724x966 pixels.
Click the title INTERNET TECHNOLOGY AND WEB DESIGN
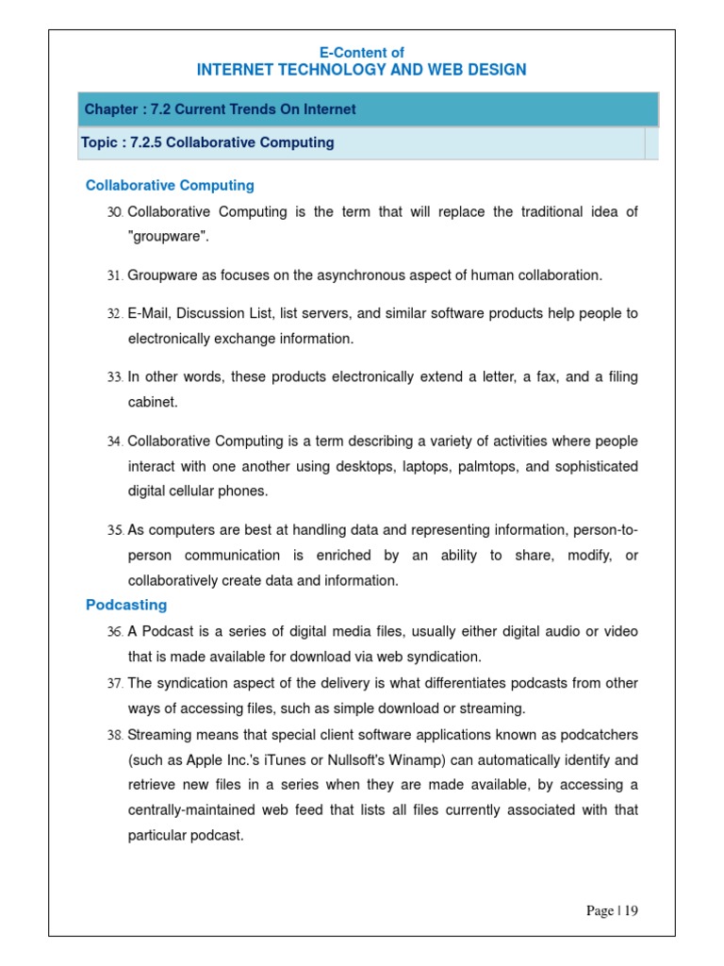coord(362,70)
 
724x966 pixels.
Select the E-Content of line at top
coord(362,53)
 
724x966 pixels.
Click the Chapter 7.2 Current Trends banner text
coord(221,109)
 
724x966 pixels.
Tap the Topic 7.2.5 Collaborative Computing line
coord(208,142)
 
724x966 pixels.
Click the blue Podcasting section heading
coord(126,605)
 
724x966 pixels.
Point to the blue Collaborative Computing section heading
coord(170,186)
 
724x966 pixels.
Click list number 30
coord(115,212)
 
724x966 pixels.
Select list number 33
coord(115,377)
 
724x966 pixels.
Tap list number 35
coord(115,531)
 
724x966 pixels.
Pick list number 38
coord(115,735)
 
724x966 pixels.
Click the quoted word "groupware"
coord(168,238)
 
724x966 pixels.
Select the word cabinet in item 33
coord(152,403)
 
